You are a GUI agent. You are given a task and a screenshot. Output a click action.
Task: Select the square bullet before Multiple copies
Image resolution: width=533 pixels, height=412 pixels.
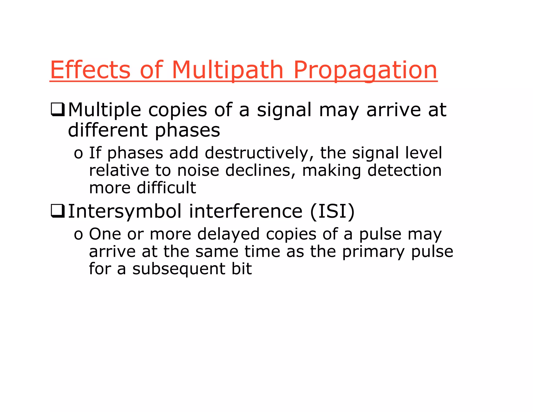[58, 110]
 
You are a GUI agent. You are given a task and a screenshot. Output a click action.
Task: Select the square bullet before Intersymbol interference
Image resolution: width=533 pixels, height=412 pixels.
[58, 211]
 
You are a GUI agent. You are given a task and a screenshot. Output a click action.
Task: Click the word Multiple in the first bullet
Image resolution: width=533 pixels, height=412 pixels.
[104, 110]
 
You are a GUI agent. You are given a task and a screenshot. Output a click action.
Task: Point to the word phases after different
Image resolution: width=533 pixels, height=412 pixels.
[187, 130]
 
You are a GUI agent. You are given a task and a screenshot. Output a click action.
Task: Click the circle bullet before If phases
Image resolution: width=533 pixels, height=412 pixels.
[78, 154]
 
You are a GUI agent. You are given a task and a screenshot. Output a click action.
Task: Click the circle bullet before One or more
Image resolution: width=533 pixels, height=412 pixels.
[78, 235]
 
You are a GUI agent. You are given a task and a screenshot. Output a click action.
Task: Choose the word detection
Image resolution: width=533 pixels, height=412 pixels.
[404, 171]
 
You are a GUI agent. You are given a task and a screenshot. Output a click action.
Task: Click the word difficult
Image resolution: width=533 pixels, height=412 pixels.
[166, 188]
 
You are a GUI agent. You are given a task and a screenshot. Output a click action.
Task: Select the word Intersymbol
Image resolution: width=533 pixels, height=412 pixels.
[125, 211]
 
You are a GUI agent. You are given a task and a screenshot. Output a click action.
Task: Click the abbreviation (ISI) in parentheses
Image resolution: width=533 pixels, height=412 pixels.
[332, 211]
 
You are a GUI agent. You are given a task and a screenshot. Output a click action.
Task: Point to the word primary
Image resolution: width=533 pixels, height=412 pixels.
[373, 252]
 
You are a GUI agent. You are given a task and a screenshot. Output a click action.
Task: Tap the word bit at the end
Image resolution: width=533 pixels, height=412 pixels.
[242, 269]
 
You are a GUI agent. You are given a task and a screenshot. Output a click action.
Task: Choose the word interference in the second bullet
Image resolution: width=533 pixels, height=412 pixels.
[245, 211]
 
